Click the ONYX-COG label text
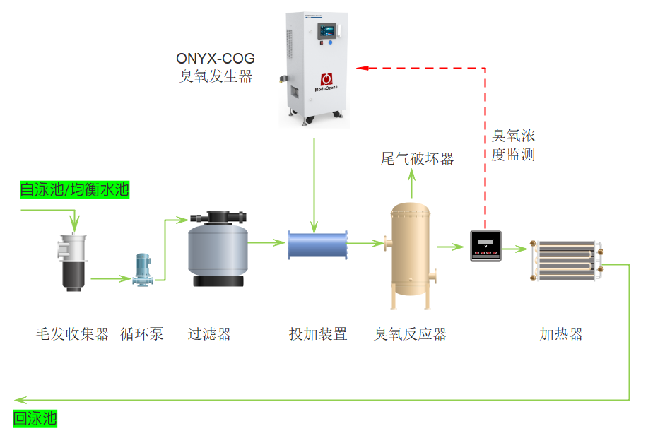click(215, 59)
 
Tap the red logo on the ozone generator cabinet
click(326, 79)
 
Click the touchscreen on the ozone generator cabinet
click(326, 30)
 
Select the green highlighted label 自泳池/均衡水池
click(74, 190)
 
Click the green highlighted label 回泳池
click(35, 418)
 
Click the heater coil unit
click(567, 261)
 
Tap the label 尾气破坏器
click(417, 159)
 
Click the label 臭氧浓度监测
click(513, 145)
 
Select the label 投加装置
click(318, 334)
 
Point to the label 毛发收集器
click(73, 334)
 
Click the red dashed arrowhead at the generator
click(362, 67)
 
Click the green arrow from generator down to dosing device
click(314, 184)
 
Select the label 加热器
click(562, 334)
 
